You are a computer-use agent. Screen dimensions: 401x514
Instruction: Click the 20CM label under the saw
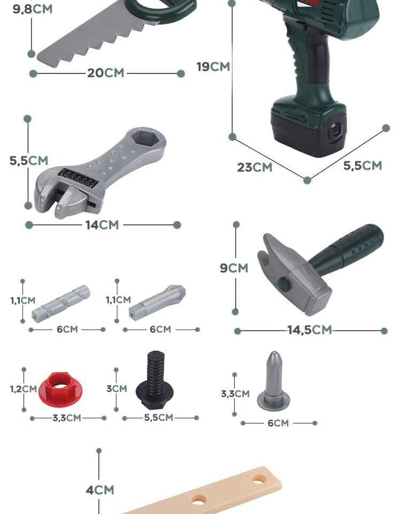(105, 73)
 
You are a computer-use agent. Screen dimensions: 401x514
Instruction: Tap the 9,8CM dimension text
(33, 9)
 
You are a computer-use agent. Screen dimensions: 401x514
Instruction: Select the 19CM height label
(213, 66)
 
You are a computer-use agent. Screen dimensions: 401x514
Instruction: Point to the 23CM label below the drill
(255, 167)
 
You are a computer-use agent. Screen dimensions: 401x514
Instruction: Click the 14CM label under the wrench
(102, 225)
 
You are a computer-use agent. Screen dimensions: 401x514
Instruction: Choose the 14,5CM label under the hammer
(310, 330)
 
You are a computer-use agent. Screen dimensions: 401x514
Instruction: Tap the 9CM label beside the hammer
(234, 268)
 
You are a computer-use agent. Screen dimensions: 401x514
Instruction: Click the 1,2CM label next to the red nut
(23, 389)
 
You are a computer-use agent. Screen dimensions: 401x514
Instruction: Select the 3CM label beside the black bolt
(117, 389)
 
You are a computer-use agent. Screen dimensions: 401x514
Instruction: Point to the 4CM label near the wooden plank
(100, 490)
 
